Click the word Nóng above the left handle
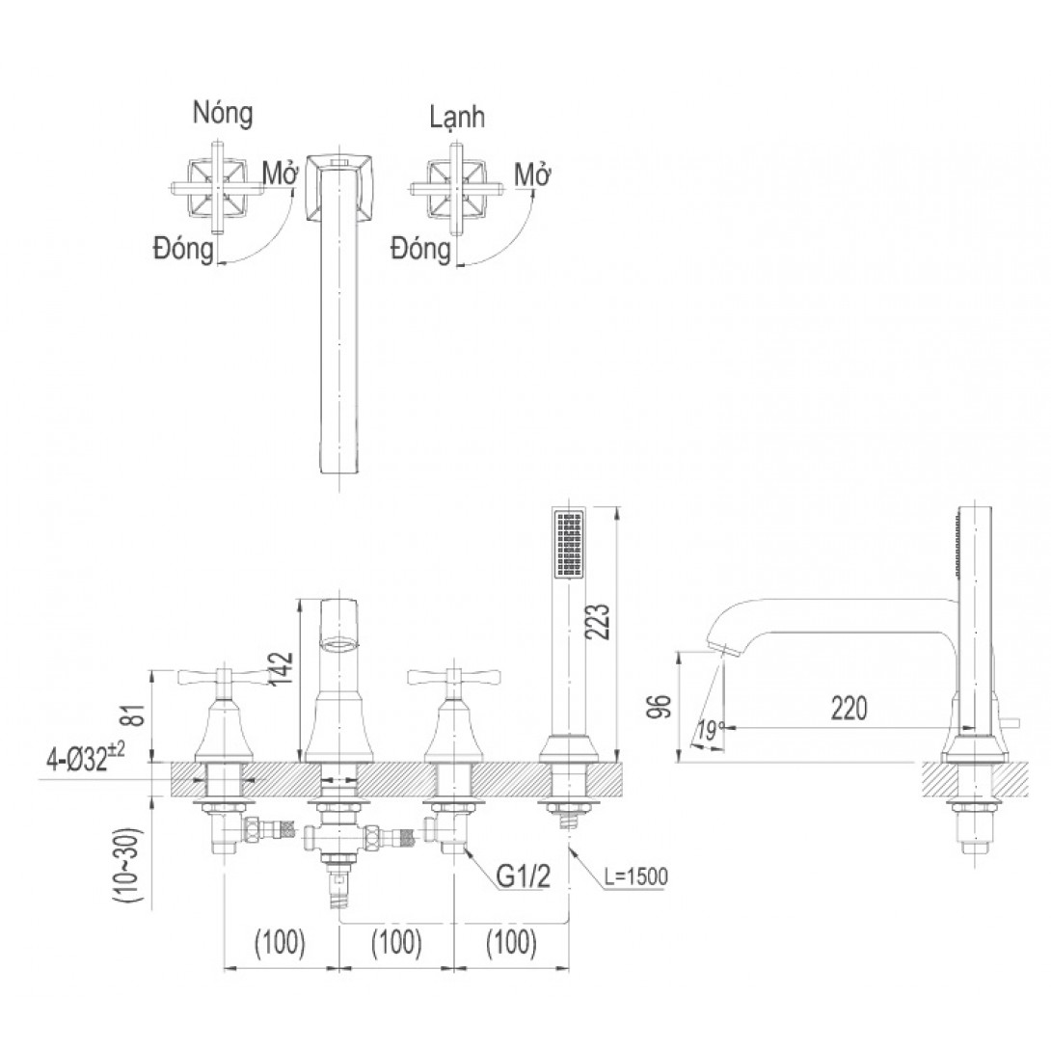click(223, 113)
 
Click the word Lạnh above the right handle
click(457, 118)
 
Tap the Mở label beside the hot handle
click(281, 175)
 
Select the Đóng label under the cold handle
click(421, 250)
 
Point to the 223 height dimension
click(599, 622)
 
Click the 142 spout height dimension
click(283, 668)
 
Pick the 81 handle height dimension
click(134, 715)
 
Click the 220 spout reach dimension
click(849, 708)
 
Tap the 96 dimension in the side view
click(661, 706)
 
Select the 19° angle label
click(709, 731)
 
